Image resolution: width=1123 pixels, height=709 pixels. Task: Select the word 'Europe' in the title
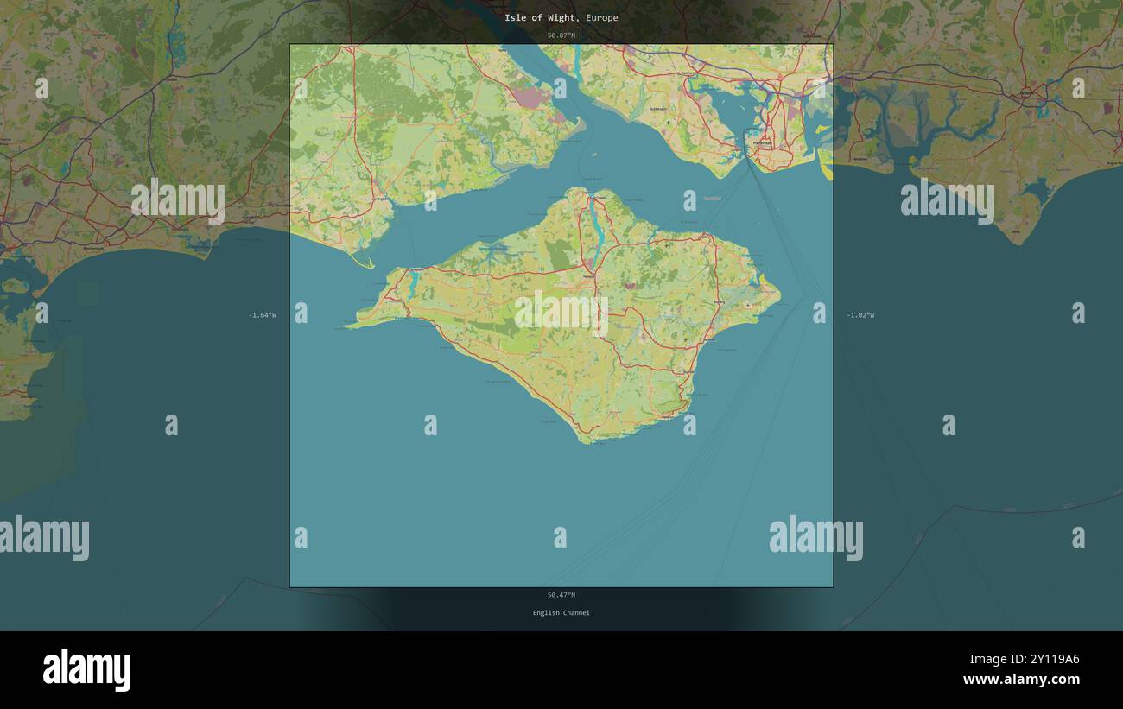(601, 17)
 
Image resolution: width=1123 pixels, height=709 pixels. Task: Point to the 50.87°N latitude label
(561, 35)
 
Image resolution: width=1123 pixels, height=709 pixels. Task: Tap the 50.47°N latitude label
(561, 595)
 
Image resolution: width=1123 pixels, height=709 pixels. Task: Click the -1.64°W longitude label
(263, 315)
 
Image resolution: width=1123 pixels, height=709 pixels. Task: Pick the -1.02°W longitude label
(860, 315)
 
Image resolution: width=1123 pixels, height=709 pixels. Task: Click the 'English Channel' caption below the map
(561, 613)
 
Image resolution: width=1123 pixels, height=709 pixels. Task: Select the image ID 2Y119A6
(1048, 660)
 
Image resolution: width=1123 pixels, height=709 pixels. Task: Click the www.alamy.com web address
(1021, 680)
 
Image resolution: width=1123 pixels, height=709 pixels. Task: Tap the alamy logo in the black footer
(86, 670)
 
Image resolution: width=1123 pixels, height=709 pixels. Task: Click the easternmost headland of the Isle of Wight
(779, 300)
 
